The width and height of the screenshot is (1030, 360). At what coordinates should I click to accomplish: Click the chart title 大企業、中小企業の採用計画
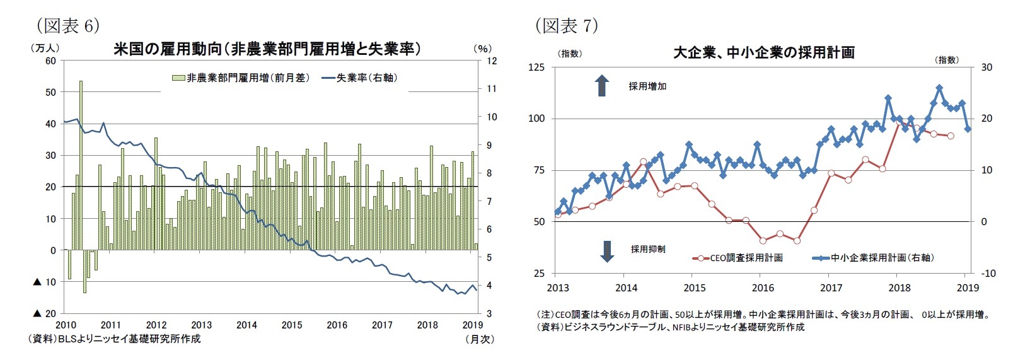pos(763,52)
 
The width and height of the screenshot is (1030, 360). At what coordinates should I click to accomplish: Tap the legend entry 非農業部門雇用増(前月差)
pos(241,78)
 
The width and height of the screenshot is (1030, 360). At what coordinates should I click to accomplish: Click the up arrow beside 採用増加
pos(602,86)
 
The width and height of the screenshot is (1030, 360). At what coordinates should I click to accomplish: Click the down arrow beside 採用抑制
pos(607,250)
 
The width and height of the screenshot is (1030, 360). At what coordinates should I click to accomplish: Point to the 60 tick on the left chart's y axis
pos(50,61)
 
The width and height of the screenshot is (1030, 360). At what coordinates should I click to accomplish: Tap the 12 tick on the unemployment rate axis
pos(492,61)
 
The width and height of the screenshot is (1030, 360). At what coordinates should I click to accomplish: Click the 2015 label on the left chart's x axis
pos(292,325)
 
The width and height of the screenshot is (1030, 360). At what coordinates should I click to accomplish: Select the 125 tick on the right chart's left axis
pos(536,67)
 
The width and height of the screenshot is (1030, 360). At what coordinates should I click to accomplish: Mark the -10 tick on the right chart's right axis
pos(988,273)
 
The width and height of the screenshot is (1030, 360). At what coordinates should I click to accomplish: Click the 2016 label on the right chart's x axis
pos(763,287)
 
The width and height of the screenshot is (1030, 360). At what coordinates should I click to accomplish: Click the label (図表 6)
pos(67,25)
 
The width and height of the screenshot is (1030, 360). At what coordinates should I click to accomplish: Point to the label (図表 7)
pos(565,25)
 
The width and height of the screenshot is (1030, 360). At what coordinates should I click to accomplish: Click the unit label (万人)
pos(44,48)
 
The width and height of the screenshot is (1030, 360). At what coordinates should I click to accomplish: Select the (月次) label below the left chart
pos(479,339)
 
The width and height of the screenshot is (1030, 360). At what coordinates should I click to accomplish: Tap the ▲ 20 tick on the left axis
pos(45,313)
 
